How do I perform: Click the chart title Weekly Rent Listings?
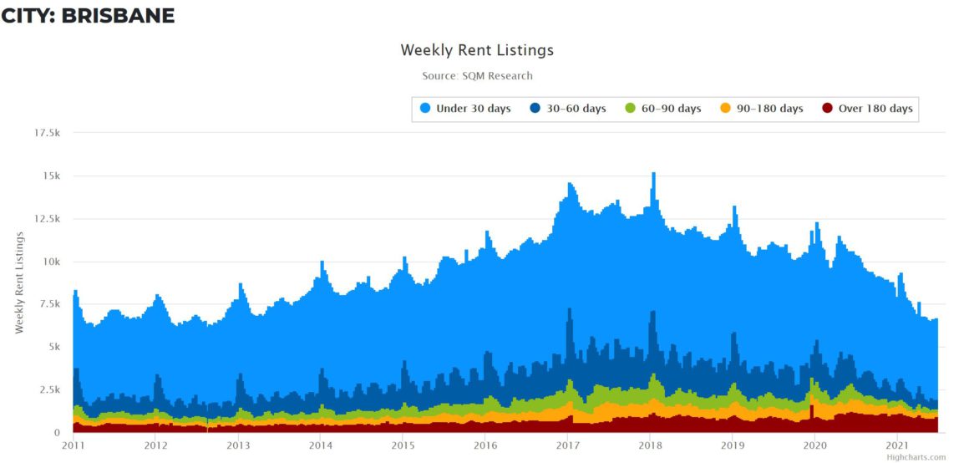[x=477, y=50]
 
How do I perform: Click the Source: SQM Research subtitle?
[x=477, y=76]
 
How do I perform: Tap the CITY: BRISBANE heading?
[x=88, y=15]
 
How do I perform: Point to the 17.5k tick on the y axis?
[x=46, y=133]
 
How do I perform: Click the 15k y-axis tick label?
[x=52, y=176]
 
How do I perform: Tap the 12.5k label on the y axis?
[x=46, y=219]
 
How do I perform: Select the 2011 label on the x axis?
[x=74, y=445]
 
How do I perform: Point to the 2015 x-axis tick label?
[x=403, y=445]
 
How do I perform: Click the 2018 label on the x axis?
[x=650, y=445]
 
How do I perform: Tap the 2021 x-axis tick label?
[x=897, y=445]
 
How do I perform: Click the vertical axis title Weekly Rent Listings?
[x=19, y=282]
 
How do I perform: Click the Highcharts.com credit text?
[x=916, y=457]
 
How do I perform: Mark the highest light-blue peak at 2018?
[x=653, y=174]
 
